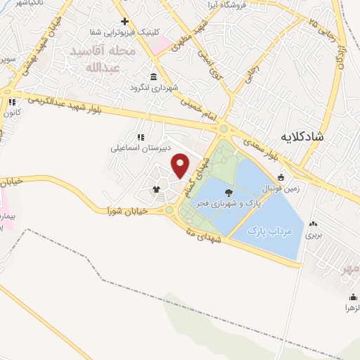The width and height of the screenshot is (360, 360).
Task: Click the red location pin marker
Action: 181,166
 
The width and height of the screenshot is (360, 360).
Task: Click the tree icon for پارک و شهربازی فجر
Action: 228,191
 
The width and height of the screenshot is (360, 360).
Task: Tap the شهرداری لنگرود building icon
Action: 154,77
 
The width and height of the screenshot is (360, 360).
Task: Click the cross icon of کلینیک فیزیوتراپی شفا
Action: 124,22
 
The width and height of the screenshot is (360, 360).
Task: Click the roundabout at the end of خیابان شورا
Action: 169,210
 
